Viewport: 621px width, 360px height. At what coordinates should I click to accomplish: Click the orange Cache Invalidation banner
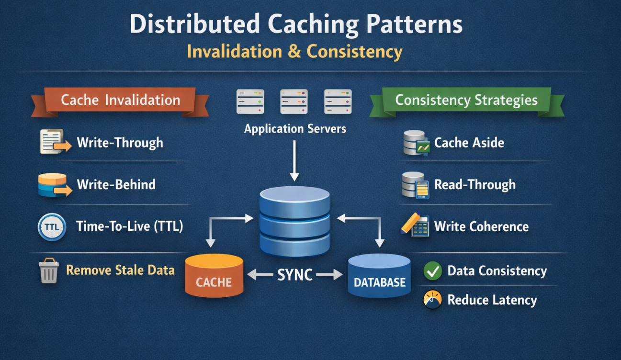coord(120,101)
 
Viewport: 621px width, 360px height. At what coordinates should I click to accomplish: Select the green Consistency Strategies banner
coord(466,101)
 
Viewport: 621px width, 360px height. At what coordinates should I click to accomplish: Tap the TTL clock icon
coord(52,227)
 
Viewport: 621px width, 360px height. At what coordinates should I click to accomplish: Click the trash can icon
coord(49,270)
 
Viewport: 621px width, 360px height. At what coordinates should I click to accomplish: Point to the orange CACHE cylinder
coord(214,276)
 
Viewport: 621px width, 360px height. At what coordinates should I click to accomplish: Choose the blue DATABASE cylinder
coord(379,276)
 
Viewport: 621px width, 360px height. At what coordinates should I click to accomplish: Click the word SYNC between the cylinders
coord(295,275)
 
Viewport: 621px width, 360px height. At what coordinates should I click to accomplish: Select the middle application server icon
coord(294,101)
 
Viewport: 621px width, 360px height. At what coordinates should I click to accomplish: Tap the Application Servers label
coord(295,129)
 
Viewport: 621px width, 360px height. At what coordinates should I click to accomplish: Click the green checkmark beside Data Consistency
coord(433,271)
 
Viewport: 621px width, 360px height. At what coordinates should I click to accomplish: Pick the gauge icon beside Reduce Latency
coord(432,300)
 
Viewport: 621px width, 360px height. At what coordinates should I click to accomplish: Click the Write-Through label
coord(120,143)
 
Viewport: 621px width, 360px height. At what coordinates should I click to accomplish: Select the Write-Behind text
coord(116,185)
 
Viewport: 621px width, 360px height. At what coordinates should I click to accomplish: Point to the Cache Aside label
coord(469,143)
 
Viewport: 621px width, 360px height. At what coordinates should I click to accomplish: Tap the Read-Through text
coord(474,185)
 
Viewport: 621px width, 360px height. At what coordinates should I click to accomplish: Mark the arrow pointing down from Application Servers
coord(294,160)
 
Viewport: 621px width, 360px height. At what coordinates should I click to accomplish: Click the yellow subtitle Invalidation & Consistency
coord(294,52)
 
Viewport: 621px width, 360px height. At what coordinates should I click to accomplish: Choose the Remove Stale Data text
coord(120,270)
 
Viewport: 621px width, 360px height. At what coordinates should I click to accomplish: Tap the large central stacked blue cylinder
coord(294,221)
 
